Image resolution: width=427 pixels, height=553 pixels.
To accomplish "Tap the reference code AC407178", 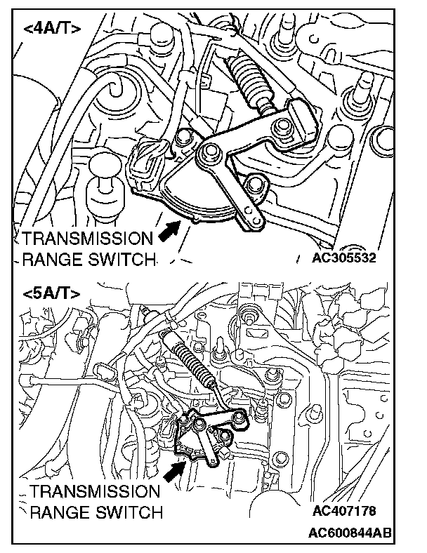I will tap(346, 510).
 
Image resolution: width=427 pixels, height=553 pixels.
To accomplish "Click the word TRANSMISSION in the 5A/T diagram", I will tap(96, 491).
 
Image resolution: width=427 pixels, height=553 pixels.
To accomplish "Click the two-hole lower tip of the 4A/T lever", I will tap(254, 216).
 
